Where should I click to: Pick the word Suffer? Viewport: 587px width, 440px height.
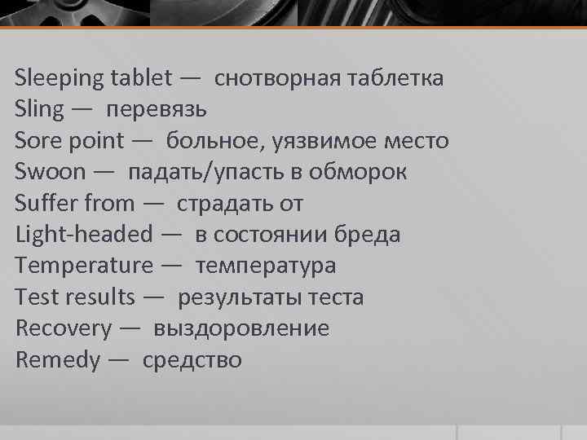click(x=42, y=203)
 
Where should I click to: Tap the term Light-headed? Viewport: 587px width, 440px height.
click(x=83, y=235)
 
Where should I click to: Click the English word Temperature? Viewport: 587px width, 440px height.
click(x=84, y=266)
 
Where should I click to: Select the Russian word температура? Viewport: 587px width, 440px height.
click(x=266, y=266)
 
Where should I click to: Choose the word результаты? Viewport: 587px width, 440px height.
click(x=240, y=297)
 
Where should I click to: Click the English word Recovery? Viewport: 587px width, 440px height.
click(x=64, y=328)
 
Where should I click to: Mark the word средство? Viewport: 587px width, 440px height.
click(x=192, y=360)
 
